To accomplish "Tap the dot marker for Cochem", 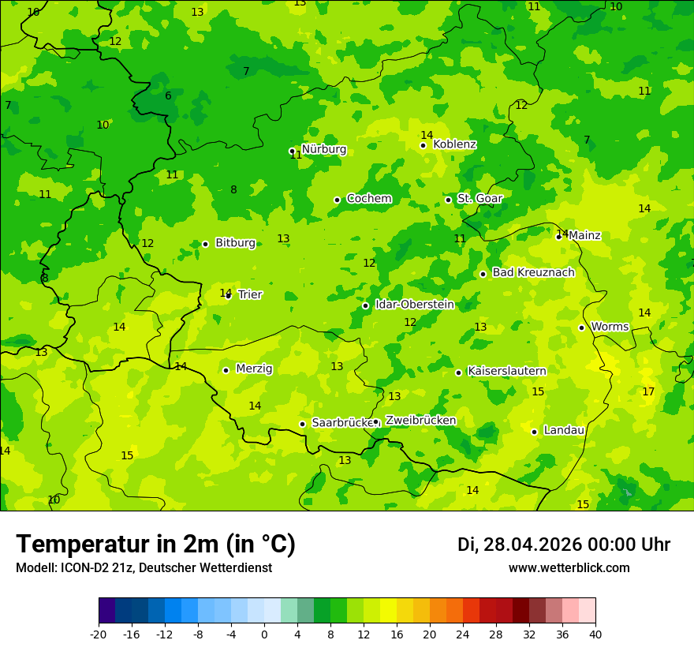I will (x=337, y=200).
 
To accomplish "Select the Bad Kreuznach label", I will (x=533, y=272).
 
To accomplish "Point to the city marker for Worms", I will (x=581, y=327).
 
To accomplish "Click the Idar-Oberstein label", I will (x=414, y=304).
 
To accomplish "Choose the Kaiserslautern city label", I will (x=506, y=371).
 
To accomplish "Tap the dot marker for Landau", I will (x=534, y=432).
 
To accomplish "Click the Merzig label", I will (x=254, y=369).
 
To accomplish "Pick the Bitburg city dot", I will (x=205, y=244).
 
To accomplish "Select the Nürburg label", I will (x=323, y=149).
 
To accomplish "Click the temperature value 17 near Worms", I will (x=648, y=391).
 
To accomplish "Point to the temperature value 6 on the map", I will (x=168, y=96).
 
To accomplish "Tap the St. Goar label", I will (x=479, y=198).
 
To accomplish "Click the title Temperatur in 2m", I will (x=155, y=545).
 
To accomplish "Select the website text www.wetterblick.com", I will (x=569, y=568).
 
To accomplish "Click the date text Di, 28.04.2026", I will (x=519, y=545).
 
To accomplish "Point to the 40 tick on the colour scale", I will (x=595, y=634).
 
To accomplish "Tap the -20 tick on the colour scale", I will (x=99, y=634).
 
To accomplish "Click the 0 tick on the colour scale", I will (x=264, y=634).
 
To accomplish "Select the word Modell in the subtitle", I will (x=33, y=568).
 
